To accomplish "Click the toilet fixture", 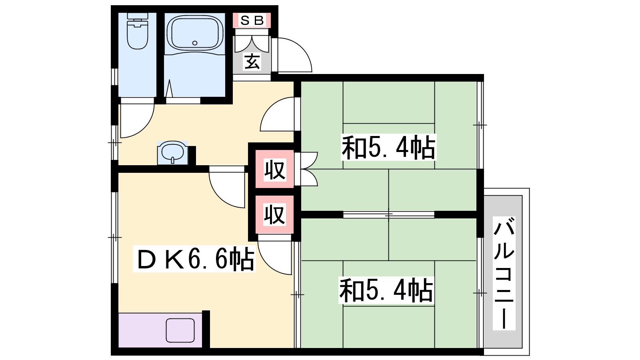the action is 138,31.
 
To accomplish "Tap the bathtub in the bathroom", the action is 195,33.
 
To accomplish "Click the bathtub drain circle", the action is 195,43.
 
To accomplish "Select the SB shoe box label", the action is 252,20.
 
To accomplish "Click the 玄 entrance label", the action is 252,62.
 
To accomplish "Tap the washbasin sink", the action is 172,153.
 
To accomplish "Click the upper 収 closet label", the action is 274,170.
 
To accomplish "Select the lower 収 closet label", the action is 274,214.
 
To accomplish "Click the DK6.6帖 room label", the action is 194,259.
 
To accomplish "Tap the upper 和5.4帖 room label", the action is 388,148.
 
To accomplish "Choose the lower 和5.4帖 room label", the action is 386,290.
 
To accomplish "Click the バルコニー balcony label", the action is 504,274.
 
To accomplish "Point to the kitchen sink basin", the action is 180,330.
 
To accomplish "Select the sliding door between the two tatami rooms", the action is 388,214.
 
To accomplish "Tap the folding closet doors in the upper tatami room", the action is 308,169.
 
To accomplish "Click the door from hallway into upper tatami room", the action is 277,114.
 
